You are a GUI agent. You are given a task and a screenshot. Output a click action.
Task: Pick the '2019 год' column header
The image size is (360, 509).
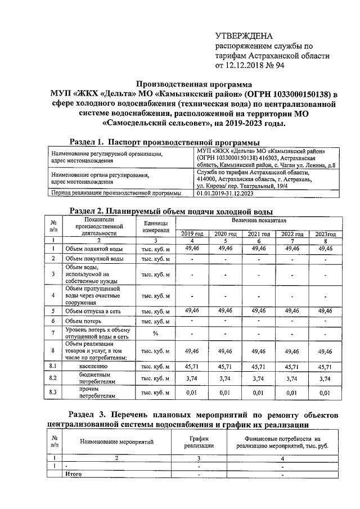[x=193, y=233]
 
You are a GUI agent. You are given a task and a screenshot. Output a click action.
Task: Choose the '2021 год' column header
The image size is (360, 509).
[x=259, y=233]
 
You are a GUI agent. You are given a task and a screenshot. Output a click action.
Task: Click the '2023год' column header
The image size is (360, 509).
[x=325, y=233]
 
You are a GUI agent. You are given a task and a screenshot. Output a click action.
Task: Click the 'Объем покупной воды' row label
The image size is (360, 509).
[x=94, y=259]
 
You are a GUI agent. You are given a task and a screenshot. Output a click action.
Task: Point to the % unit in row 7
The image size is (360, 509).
[x=156, y=333]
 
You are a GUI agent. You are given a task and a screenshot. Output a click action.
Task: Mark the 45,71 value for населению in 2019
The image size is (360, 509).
[x=193, y=366]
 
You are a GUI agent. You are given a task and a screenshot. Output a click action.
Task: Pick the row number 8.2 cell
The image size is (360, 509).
[x=53, y=379]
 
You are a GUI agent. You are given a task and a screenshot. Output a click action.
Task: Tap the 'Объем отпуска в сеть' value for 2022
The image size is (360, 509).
[x=292, y=310]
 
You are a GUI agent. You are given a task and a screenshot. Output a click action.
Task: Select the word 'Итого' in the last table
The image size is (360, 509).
[x=74, y=474]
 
